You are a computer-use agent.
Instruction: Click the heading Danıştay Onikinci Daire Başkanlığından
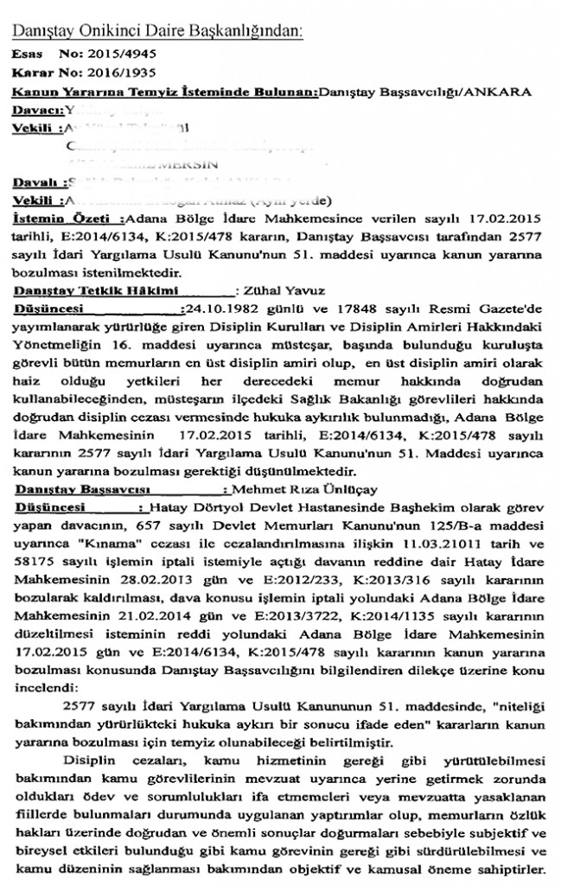pos(156,32)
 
